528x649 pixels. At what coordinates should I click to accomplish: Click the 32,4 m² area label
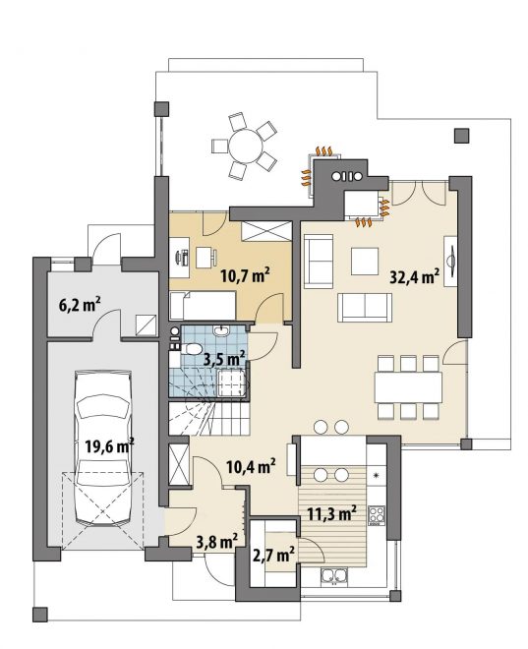click(415, 275)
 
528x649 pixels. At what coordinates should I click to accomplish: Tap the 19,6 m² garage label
click(109, 445)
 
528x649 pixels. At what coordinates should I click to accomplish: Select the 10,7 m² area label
click(246, 274)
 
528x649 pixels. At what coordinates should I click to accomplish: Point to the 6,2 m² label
click(80, 306)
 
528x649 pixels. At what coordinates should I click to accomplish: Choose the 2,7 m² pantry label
click(274, 555)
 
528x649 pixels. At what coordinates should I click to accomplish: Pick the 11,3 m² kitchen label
click(332, 513)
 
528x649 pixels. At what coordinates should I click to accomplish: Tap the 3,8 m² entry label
click(217, 541)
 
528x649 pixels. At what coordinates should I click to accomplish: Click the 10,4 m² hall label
click(252, 467)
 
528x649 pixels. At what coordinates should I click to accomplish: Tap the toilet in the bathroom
click(191, 348)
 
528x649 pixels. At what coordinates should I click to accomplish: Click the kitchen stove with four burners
click(377, 515)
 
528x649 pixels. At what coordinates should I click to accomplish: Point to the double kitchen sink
click(333, 575)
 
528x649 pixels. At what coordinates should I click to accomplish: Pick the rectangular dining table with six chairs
click(408, 387)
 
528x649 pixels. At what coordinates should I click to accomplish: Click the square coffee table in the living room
click(365, 262)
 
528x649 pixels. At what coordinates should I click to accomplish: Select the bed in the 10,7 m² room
click(203, 306)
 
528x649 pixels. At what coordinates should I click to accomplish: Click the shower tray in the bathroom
click(232, 383)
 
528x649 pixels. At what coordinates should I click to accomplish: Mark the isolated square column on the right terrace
click(461, 136)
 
